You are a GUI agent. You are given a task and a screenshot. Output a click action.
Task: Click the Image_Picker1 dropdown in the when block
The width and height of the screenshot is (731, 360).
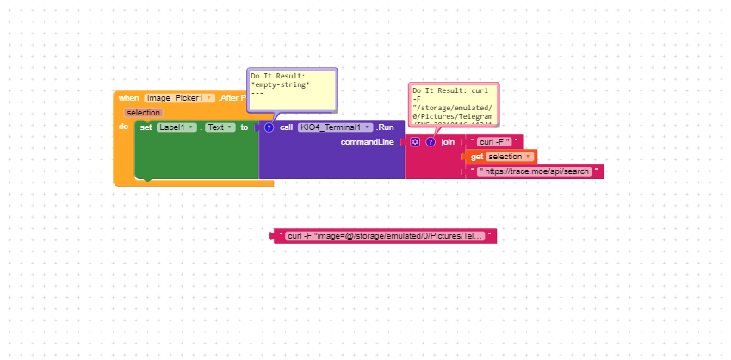(x=179, y=98)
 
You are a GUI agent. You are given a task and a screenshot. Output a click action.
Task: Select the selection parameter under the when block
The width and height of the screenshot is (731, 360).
(x=143, y=113)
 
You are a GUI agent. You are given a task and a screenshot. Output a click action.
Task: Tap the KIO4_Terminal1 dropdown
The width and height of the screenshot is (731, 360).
(x=335, y=127)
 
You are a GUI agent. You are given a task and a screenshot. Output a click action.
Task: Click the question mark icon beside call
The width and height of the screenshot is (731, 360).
(x=269, y=127)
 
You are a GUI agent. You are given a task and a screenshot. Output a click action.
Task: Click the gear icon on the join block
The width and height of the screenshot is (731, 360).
(x=415, y=142)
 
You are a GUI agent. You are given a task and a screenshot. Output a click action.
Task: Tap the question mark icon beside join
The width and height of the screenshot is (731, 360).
(x=430, y=142)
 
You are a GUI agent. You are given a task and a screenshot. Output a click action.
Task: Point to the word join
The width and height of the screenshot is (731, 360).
(x=448, y=142)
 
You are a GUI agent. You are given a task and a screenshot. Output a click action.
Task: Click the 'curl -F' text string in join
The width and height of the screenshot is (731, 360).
(x=494, y=142)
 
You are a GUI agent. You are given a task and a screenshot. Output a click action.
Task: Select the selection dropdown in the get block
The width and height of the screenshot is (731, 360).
(x=508, y=157)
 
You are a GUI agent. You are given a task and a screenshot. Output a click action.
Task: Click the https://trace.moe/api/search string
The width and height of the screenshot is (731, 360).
(x=538, y=171)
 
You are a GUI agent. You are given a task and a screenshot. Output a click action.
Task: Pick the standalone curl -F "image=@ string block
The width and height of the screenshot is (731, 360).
(x=384, y=235)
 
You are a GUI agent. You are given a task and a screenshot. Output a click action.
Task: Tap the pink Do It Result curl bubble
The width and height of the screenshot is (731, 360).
(x=453, y=107)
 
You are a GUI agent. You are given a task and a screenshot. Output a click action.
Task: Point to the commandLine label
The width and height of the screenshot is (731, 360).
(x=369, y=142)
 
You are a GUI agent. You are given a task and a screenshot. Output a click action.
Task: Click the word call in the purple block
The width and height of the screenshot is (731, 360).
(x=286, y=127)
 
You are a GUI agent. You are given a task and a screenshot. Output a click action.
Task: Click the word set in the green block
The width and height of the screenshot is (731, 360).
(x=146, y=127)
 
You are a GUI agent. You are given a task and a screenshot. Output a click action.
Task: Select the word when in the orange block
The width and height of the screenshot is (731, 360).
(x=129, y=98)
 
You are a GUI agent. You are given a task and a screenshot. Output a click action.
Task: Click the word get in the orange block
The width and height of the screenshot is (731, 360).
(x=477, y=157)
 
